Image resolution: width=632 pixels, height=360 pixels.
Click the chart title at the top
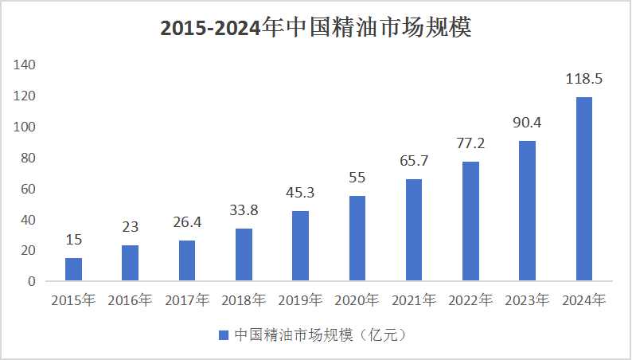pyautogui.click(x=316, y=28)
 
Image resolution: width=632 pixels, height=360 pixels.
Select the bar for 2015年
pyautogui.click(x=73, y=269)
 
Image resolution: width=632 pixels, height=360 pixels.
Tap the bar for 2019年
pyautogui.click(x=300, y=246)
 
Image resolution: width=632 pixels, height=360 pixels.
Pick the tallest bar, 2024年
pyautogui.click(x=583, y=189)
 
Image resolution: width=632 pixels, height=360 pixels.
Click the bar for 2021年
pyautogui.click(x=414, y=230)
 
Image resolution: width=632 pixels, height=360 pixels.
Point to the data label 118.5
pyautogui.click(x=583, y=80)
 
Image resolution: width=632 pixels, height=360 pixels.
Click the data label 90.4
pyautogui.click(x=527, y=123)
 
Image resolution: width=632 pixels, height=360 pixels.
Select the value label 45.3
pyautogui.click(x=300, y=194)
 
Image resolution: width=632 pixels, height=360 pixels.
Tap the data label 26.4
pyautogui.click(x=186, y=223)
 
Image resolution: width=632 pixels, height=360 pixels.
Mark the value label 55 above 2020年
pyautogui.click(x=357, y=178)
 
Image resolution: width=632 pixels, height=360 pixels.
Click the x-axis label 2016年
pyautogui.click(x=130, y=301)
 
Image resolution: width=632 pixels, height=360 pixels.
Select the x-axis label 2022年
pyautogui.click(x=470, y=301)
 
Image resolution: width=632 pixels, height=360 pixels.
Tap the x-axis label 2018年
pyautogui.click(x=244, y=301)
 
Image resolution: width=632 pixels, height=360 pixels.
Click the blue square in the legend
pyautogui.click(x=224, y=335)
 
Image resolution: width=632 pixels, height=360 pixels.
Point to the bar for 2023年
pyautogui.click(x=527, y=211)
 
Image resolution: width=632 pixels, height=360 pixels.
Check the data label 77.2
pyautogui.click(x=470, y=144)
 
